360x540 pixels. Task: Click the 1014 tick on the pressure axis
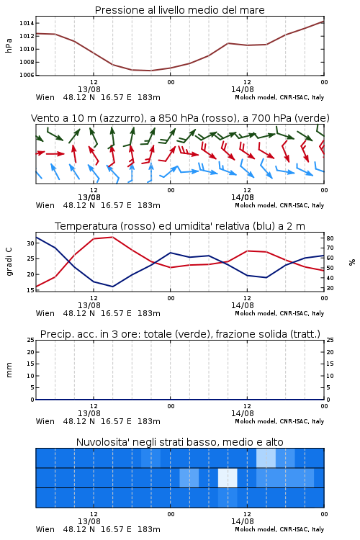(27, 23)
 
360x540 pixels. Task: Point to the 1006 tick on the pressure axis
(27, 75)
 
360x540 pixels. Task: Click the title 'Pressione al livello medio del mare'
(180, 10)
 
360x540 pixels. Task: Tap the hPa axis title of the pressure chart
(9, 45)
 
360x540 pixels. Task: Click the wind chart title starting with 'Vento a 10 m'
(180, 118)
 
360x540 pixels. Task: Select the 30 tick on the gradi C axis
(31, 243)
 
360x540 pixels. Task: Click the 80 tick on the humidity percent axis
(330, 238)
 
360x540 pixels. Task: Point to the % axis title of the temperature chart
(352, 262)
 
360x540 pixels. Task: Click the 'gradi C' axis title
(9, 262)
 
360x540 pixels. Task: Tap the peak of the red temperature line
(112, 237)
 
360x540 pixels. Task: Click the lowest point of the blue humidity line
(112, 287)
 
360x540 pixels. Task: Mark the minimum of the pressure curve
(151, 71)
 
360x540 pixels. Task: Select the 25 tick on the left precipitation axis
(31, 340)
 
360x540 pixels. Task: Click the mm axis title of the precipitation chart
(9, 370)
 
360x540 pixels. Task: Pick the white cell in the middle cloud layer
(228, 477)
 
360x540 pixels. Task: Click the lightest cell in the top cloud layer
(266, 458)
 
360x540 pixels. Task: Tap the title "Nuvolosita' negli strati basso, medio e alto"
(180, 442)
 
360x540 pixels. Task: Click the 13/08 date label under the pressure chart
(89, 89)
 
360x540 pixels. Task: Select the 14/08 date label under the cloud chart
(243, 521)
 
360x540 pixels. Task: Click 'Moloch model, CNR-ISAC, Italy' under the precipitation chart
(279, 421)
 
